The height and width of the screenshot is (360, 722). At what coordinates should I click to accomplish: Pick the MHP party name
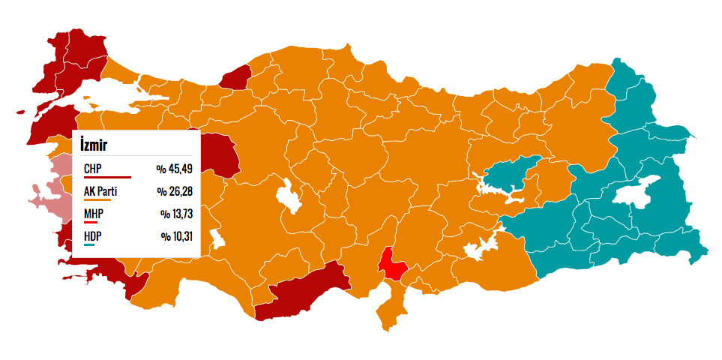point(94,214)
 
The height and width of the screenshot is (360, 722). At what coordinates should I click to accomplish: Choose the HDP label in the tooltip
point(93,236)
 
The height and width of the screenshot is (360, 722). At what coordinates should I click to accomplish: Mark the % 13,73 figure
point(177,214)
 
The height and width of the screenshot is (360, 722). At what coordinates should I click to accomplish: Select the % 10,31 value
point(177,236)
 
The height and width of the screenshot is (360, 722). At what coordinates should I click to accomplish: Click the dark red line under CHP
point(107,178)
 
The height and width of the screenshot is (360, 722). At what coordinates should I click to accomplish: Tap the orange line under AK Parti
point(97,200)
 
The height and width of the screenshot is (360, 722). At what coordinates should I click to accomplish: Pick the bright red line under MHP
point(91,223)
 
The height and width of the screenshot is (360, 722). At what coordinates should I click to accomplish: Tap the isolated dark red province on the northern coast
point(236,76)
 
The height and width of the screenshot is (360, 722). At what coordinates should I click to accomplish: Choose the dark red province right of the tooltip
point(223,154)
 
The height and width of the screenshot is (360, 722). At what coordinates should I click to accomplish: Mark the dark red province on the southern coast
point(300,291)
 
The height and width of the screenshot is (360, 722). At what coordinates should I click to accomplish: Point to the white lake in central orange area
point(288,196)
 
